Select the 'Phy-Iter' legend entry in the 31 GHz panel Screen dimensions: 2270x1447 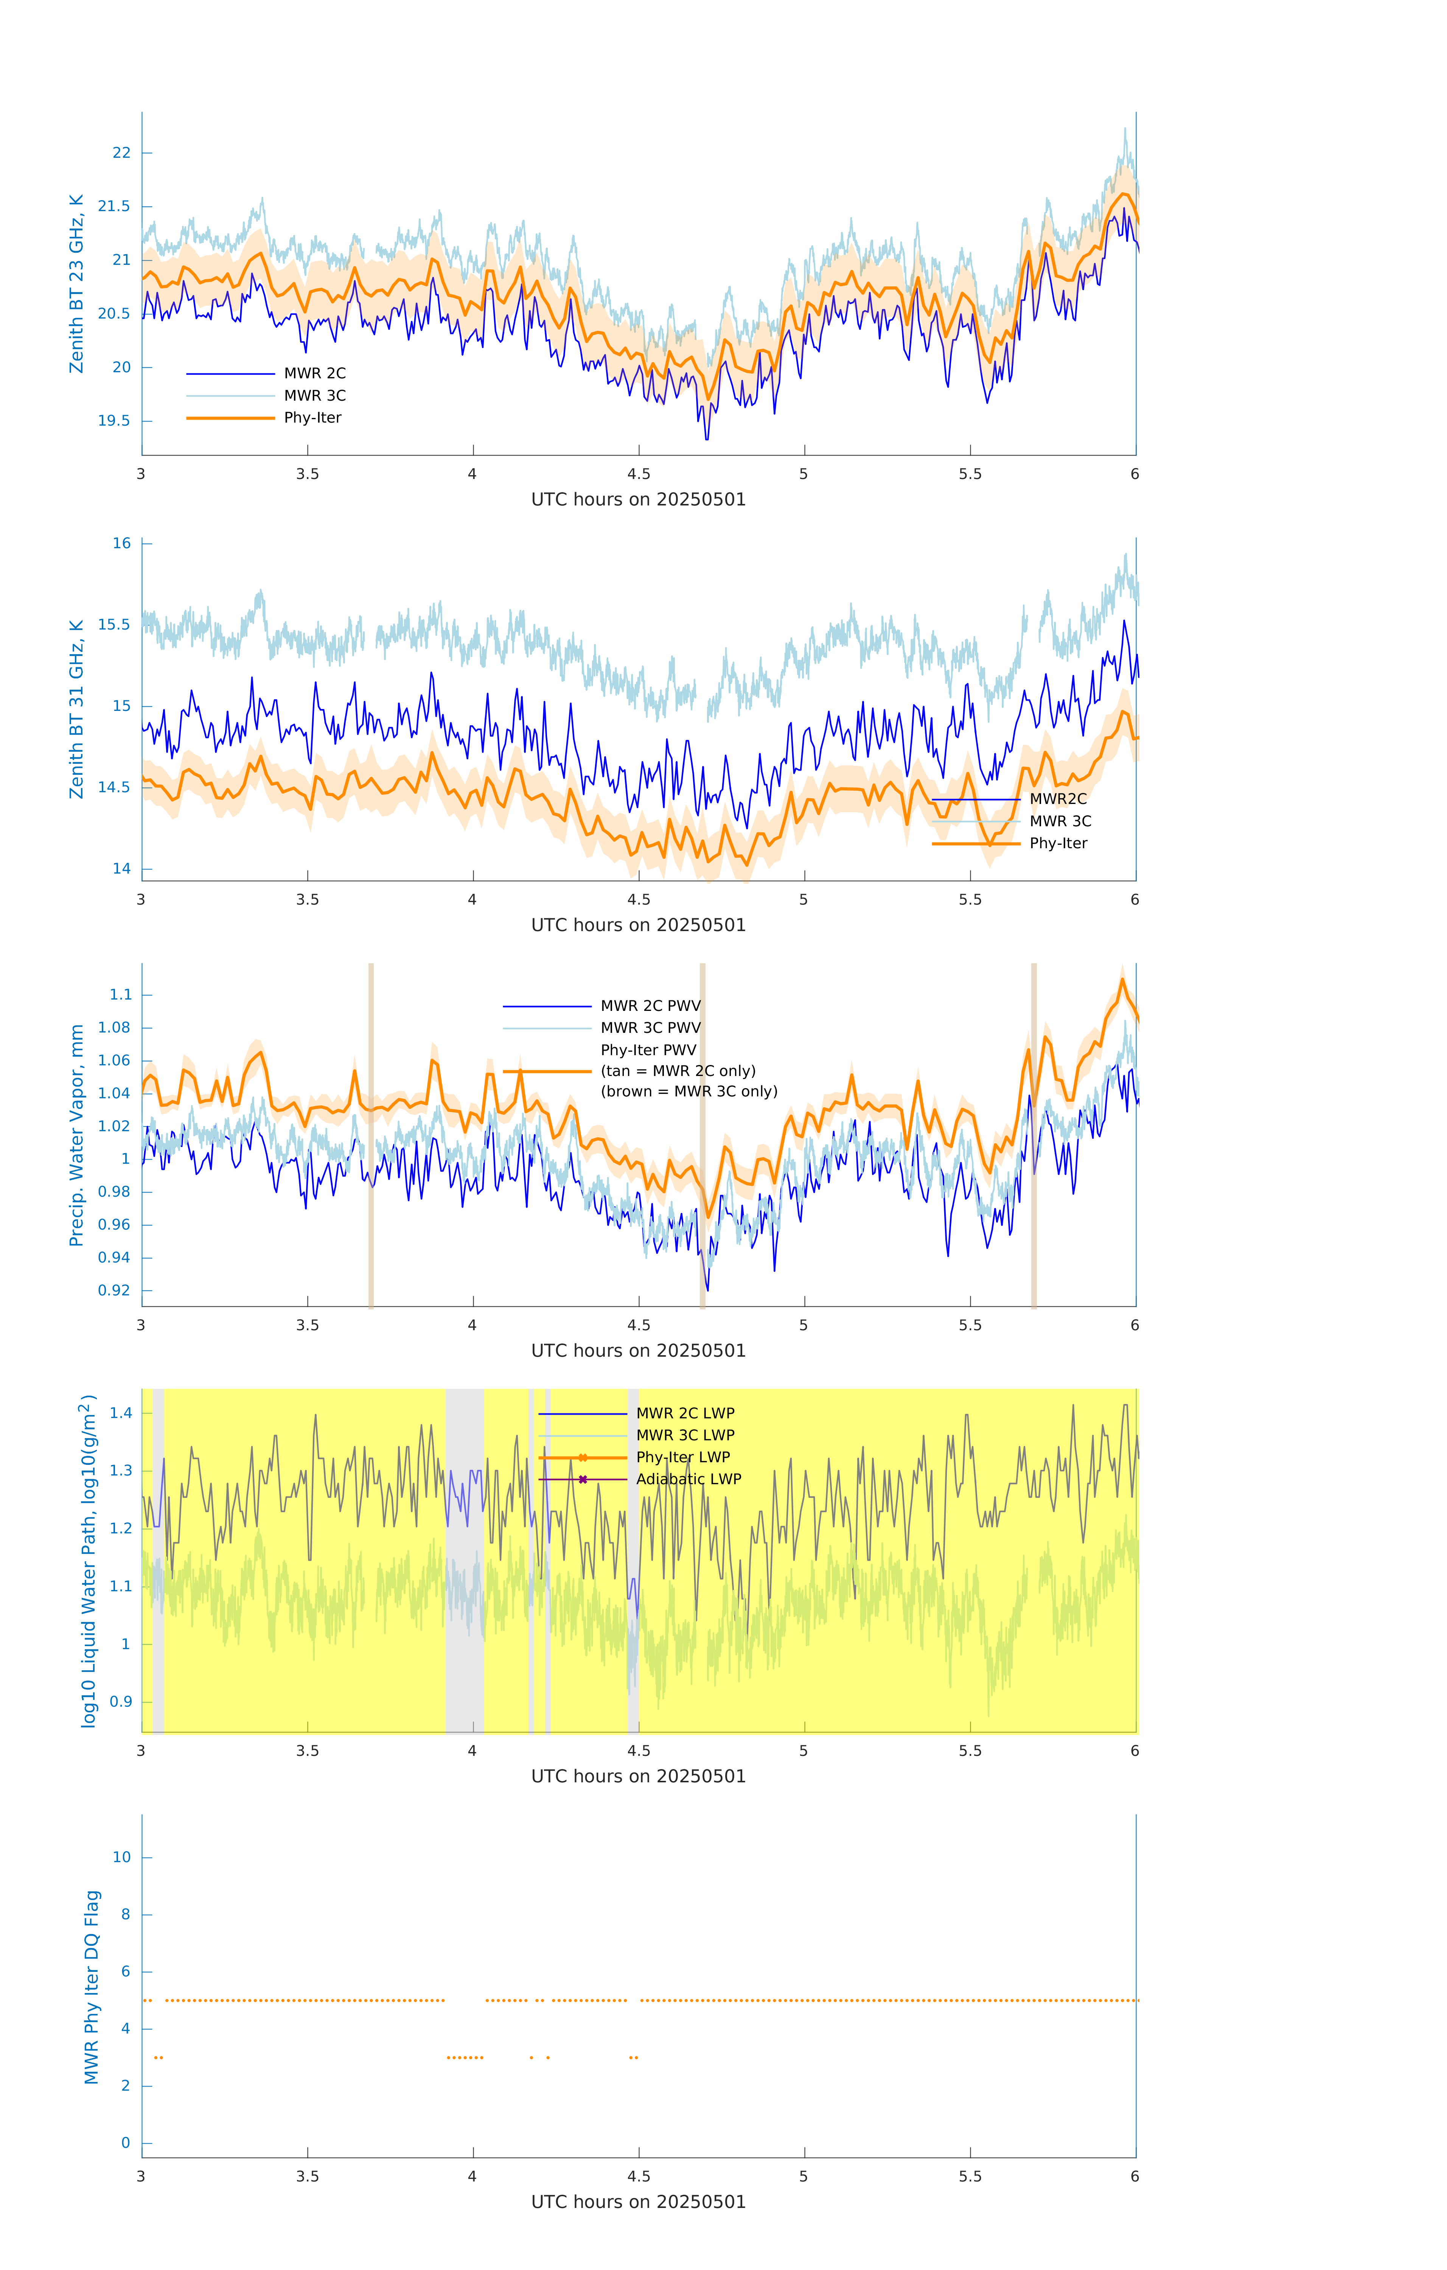click(x=1058, y=844)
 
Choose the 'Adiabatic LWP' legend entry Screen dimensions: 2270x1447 click(x=688, y=1479)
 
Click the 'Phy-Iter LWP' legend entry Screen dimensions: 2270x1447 click(x=682, y=1457)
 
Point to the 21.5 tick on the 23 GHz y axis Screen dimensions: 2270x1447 click(x=114, y=207)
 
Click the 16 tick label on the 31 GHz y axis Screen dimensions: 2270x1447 click(x=121, y=544)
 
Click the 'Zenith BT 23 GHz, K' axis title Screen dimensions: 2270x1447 click(x=76, y=284)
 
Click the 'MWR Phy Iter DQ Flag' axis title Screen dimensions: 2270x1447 click(x=92, y=1987)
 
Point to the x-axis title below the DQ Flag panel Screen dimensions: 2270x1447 click(x=638, y=2202)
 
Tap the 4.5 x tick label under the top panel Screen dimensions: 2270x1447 click(x=638, y=474)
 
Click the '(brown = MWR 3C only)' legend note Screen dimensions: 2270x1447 click(x=689, y=1091)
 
